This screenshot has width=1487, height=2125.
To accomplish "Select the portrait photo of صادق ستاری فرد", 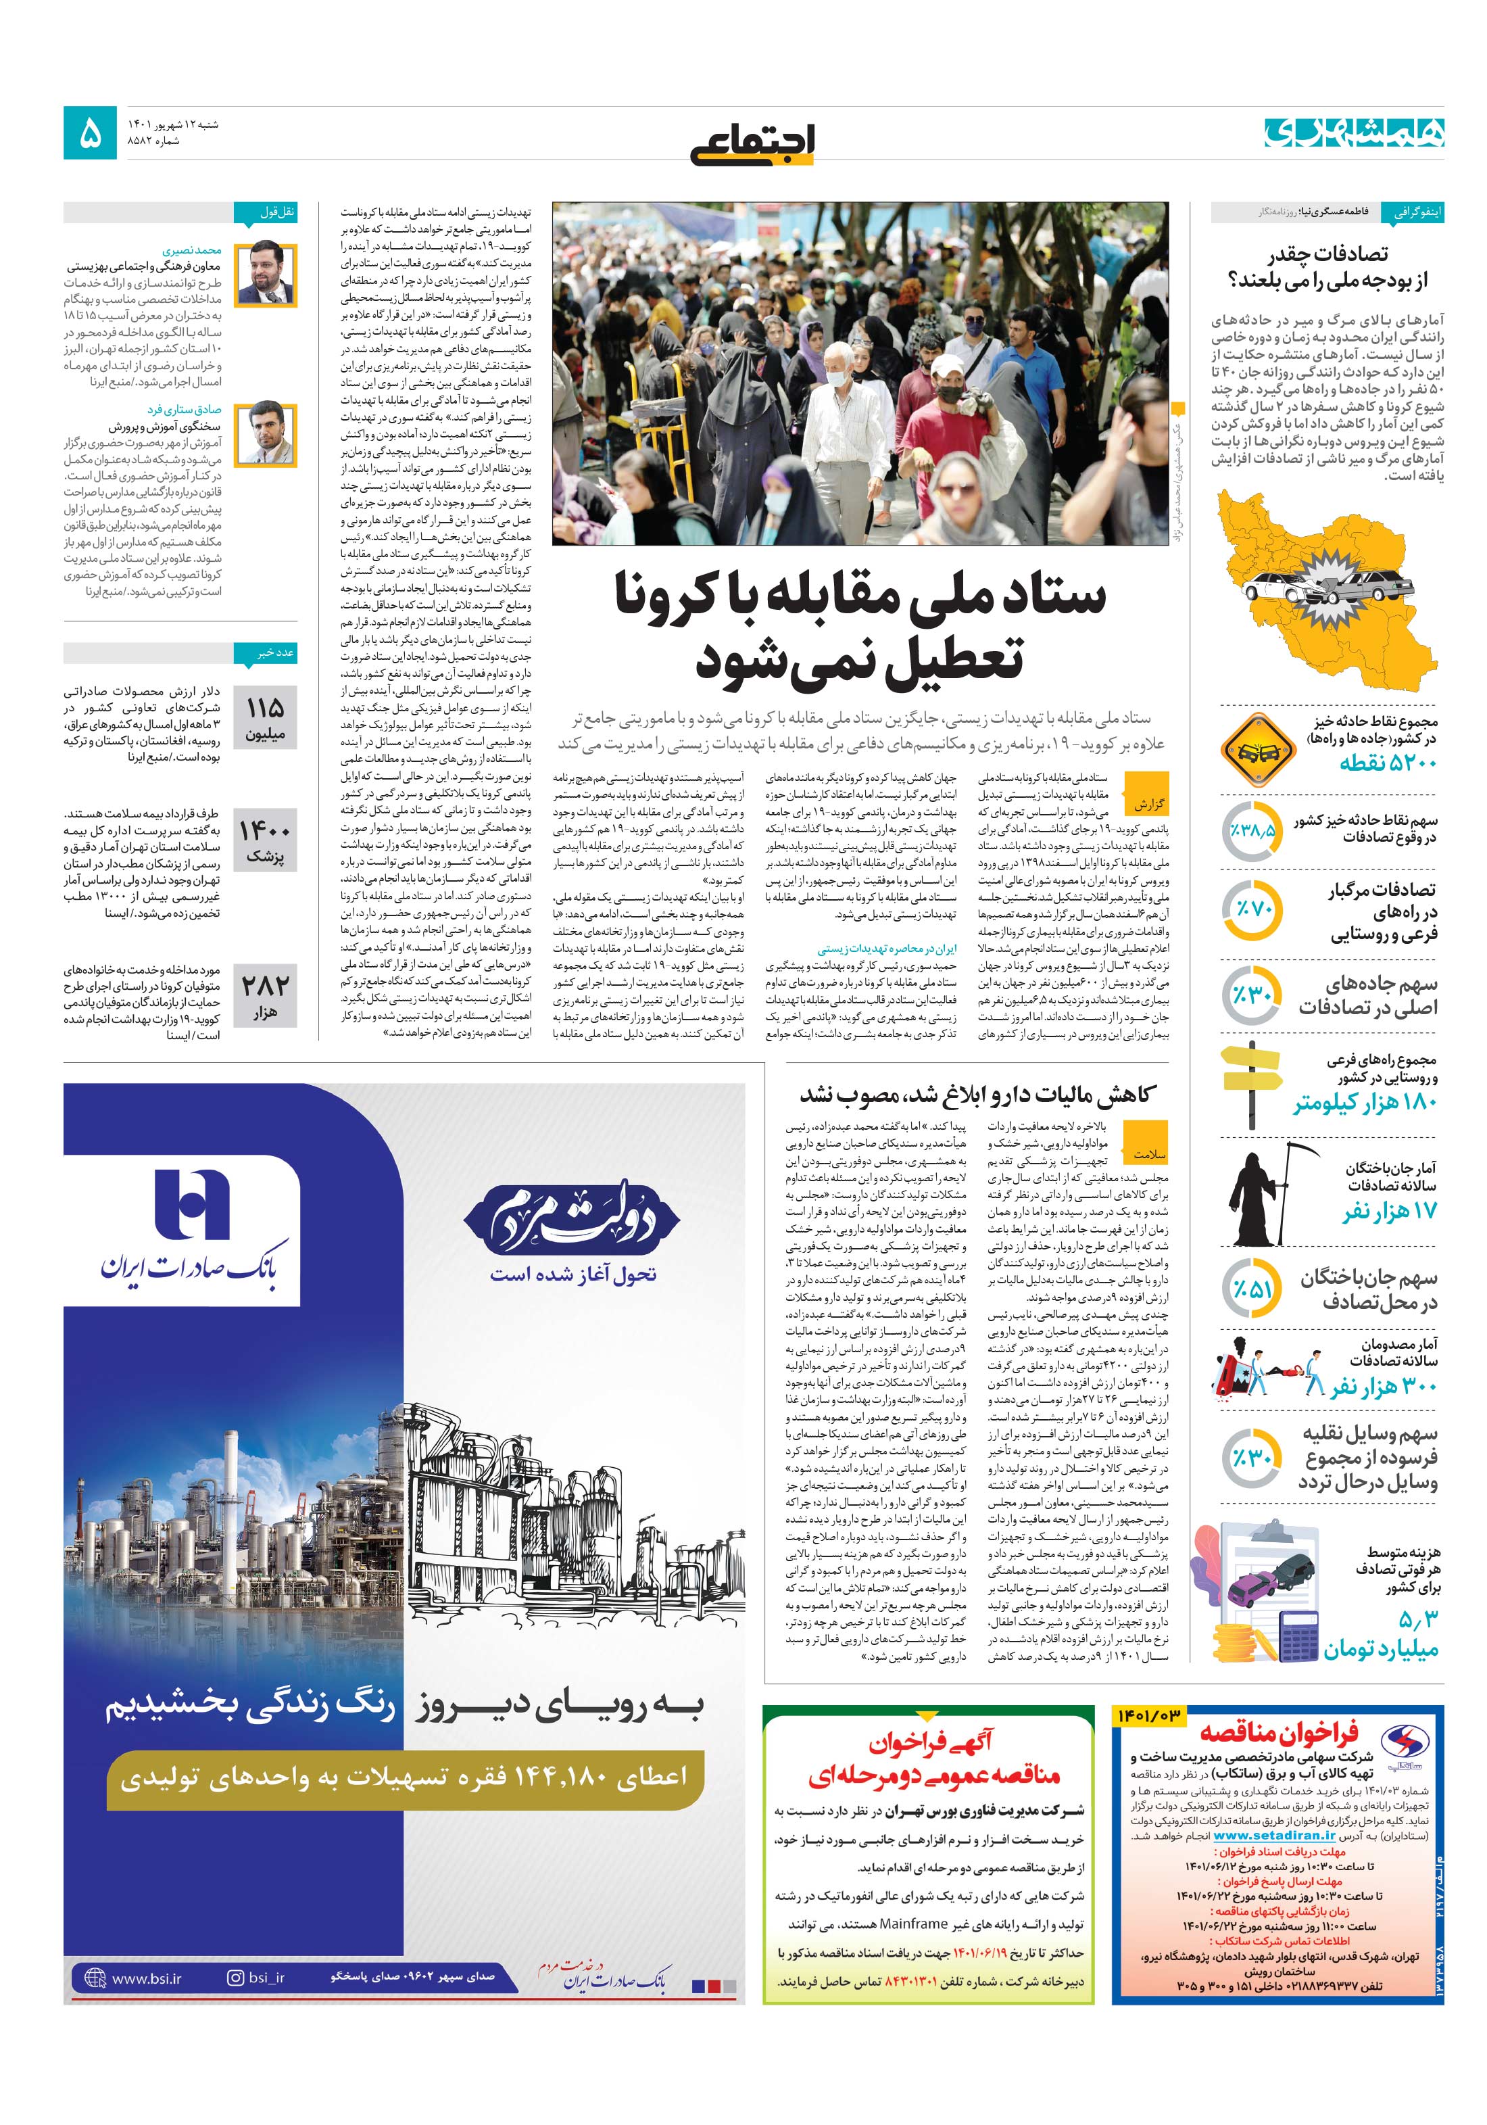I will [265, 434].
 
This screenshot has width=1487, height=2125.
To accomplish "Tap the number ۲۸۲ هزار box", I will [265, 996].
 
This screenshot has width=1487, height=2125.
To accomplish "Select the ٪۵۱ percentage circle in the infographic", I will [1251, 1289].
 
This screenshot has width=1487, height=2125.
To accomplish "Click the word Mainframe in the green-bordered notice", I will [910, 1922].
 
